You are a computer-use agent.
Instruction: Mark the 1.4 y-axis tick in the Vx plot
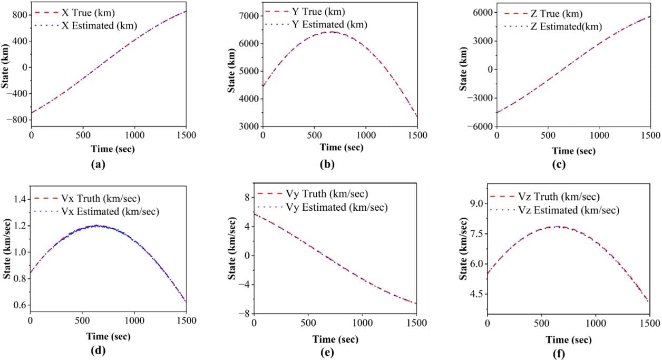coord(20,199)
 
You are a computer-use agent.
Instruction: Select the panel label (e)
coord(335,353)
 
